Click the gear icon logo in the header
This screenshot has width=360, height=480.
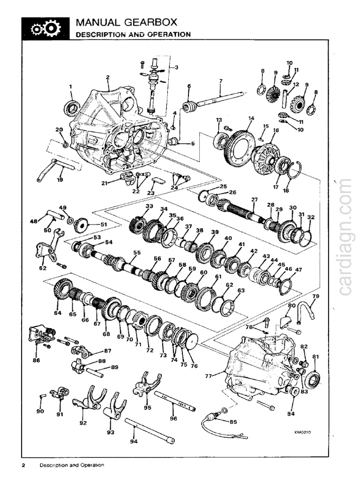pyautogui.click(x=46, y=29)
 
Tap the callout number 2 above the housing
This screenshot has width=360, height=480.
pyautogui.click(x=108, y=77)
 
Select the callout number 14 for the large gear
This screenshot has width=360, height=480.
pyautogui.click(x=251, y=119)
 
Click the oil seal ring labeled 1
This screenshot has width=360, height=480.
pyautogui.click(x=71, y=109)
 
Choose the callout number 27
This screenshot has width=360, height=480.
pyautogui.click(x=254, y=200)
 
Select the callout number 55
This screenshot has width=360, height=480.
pyautogui.click(x=136, y=253)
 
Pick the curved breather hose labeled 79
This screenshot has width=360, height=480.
pyautogui.click(x=310, y=309)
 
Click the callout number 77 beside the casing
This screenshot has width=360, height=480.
pyautogui.click(x=209, y=376)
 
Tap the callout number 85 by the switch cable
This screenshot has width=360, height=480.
pyautogui.click(x=233, y=421)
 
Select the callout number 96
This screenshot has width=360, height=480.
pyautogui.click(x=173, y=419)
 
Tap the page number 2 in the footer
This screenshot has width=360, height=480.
pyautogui.click(x=23, y=465)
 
